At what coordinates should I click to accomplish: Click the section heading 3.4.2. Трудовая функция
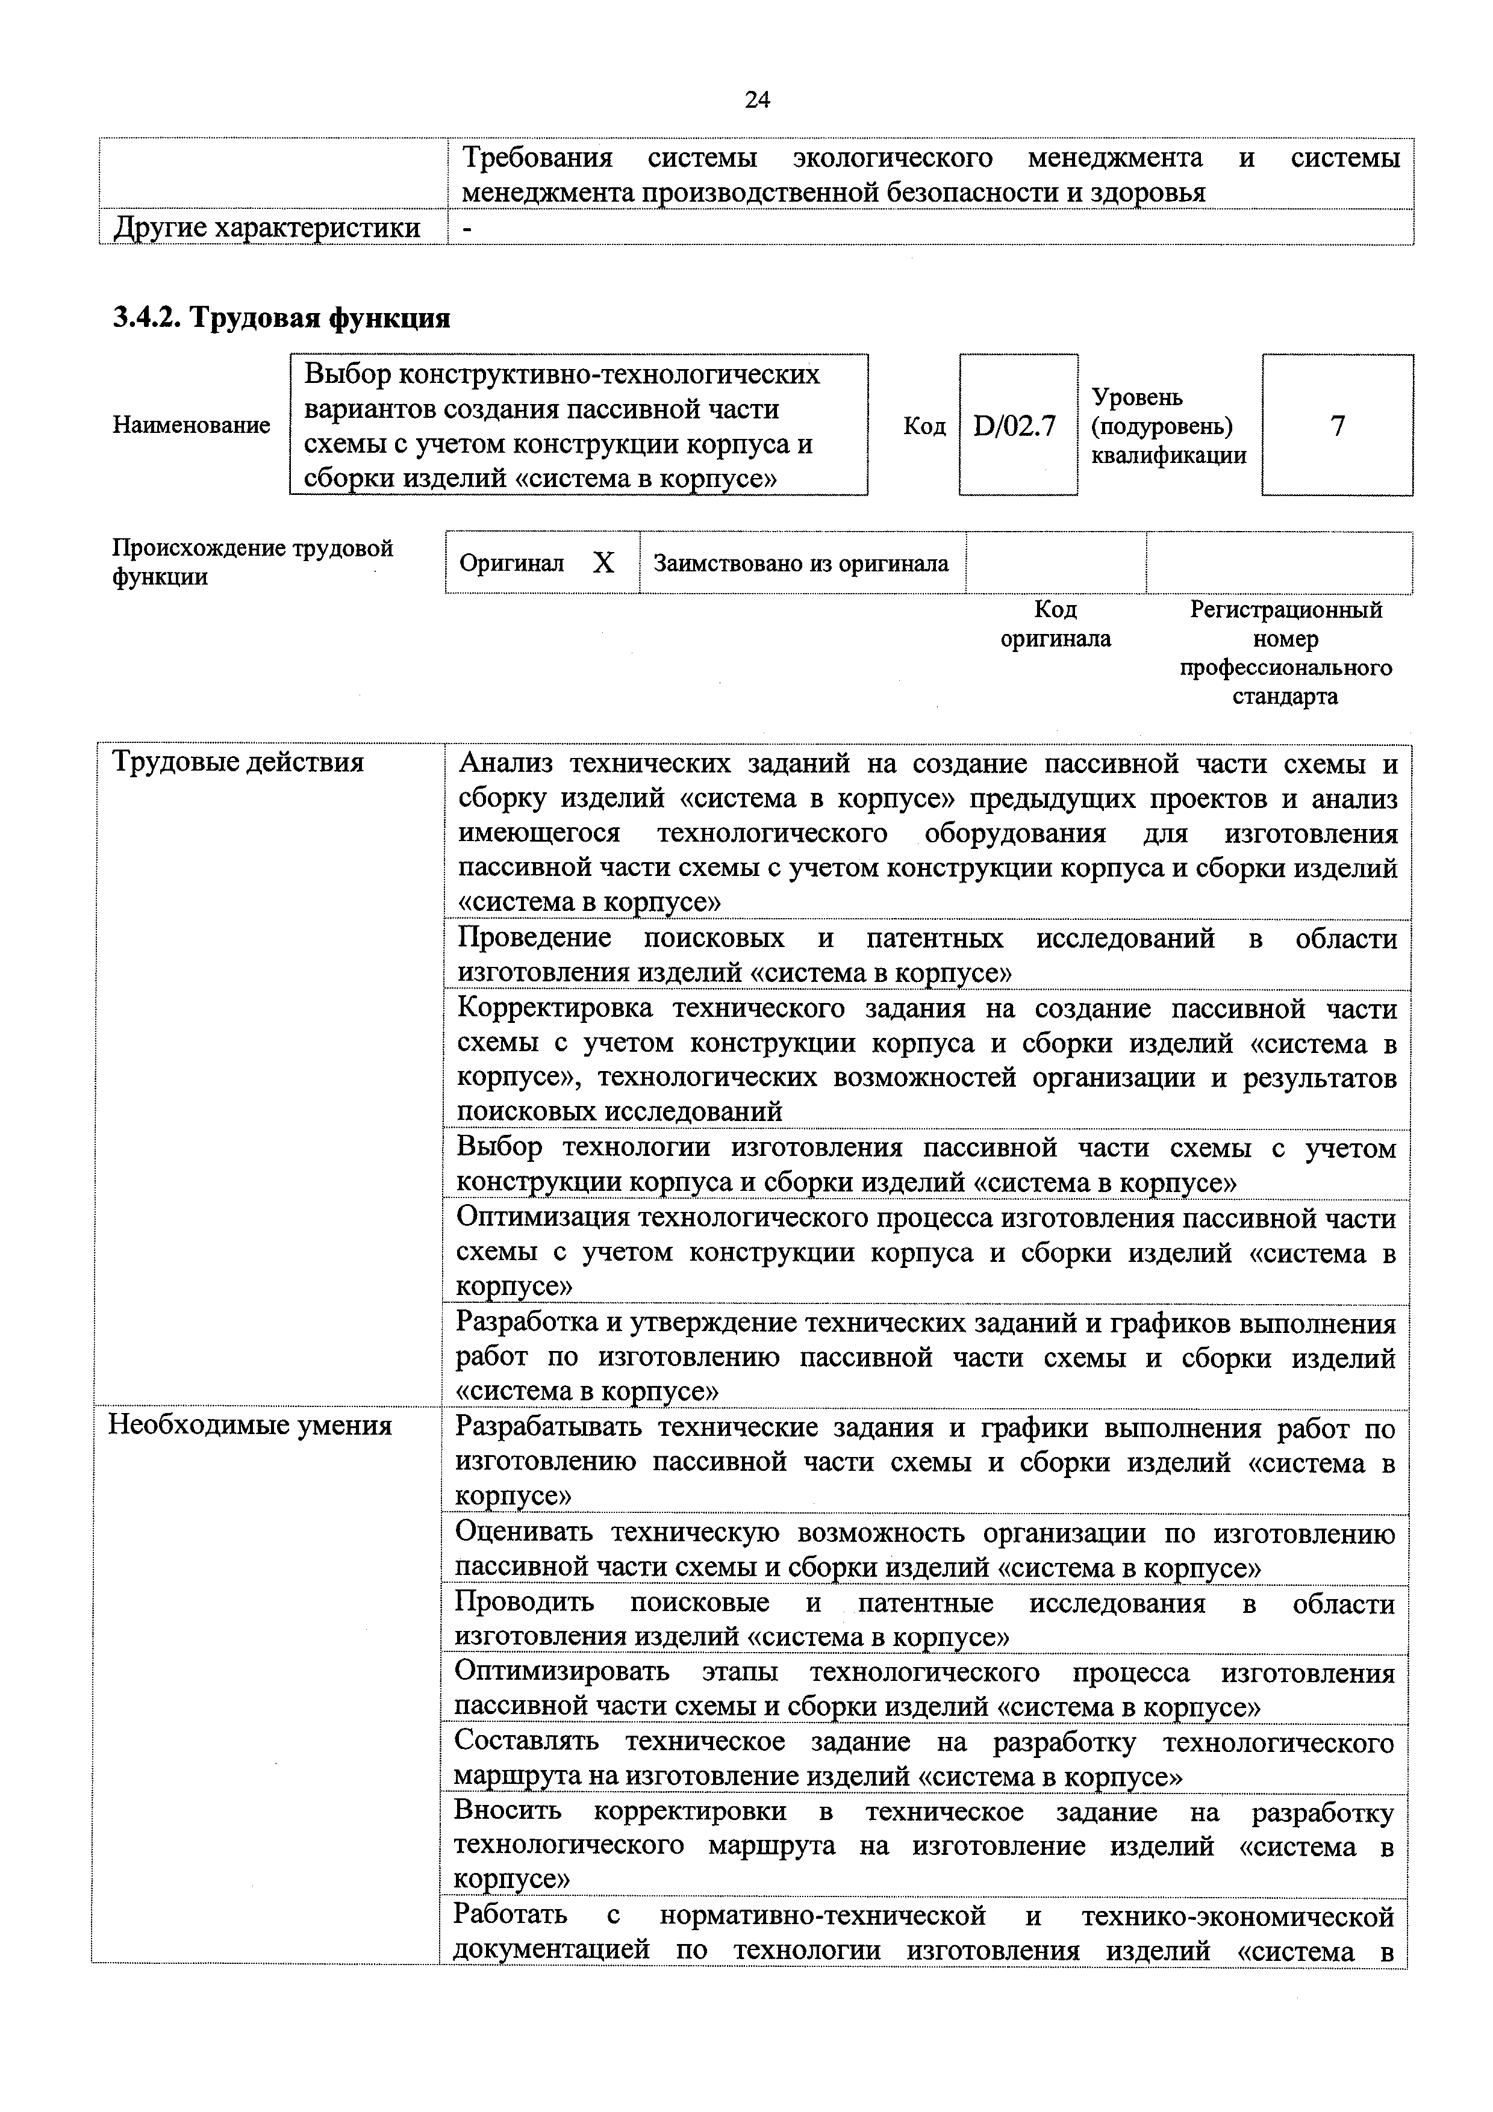pos(281,318)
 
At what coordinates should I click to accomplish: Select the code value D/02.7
pos(1015,426)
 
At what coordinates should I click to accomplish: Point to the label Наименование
pos(192,425)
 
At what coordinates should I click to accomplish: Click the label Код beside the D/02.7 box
pos(924,426)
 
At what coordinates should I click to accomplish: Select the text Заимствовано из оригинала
pos(800,563)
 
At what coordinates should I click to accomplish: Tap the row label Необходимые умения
pos(250,1426)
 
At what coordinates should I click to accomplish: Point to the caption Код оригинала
pos(1055,624)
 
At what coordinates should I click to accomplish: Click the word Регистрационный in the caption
pos(1285,610)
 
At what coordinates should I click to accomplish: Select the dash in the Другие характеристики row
pos(466,228)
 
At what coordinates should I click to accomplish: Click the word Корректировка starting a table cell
pos(555,1008)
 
